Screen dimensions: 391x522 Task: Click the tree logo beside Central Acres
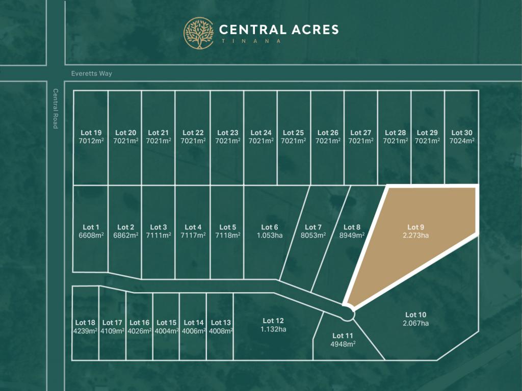(x=199, y=33)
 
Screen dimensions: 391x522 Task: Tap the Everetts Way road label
(x=92, y=73)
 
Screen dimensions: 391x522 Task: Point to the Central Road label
(x=56, y=109)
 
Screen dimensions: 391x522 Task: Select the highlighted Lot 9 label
(x=415, y=227)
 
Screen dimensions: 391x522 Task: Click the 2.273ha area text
(x=415, y=235)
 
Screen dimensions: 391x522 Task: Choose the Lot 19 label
(x=91, y=133)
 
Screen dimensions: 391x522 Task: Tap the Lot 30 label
(x=461, y=133)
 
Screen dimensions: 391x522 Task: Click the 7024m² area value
(x=461, y=141)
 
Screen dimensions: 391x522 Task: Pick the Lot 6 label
(x=270, y=227)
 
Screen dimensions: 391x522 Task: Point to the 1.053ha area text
(x=270, y=235)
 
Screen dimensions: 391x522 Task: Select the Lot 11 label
(x=343, y=335)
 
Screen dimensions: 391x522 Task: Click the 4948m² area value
(x=343, y=344)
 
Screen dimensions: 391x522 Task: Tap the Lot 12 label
(x=273, y=321)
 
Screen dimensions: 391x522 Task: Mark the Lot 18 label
(x=85, y=322)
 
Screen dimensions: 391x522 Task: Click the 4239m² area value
(x=85, y=330)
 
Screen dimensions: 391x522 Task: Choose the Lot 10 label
(x=415, y=315)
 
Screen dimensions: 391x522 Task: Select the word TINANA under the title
(x=250, y=41)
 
